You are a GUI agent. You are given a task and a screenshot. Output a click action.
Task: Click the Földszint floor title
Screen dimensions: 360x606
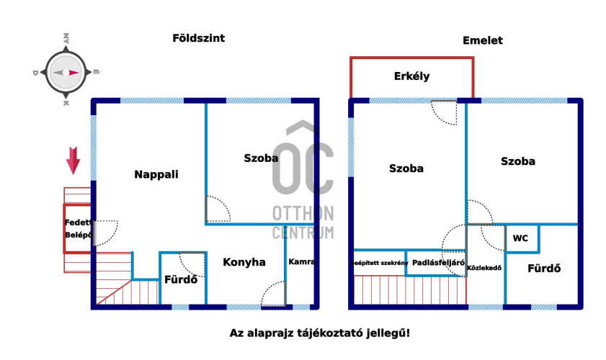click(x=198, y=38)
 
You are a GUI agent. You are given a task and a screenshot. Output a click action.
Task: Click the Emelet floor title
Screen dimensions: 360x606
click(x=482, y=40)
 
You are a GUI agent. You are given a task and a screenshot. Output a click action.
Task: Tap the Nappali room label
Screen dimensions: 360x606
click(x=156, y=174)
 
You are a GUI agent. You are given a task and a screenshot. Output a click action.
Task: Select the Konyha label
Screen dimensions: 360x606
click(x=244, y=262)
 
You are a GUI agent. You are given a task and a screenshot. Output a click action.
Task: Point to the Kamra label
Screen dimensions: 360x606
click(x=302, y=261)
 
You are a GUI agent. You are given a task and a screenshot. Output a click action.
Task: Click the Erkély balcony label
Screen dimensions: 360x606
click(x=411, y=76)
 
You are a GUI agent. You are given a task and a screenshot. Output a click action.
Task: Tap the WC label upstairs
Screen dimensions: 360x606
click(x=521, y=238)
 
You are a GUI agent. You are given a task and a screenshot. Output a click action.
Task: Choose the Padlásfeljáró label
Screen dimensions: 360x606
click(x=438, y=263)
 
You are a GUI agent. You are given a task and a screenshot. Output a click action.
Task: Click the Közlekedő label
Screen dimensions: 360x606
click(x=484, y=268)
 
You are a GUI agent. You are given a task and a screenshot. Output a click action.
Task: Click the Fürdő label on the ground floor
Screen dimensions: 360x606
click(x=181, y=279)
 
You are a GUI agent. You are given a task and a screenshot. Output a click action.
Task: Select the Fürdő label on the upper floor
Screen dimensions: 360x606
click(x=543, y=269)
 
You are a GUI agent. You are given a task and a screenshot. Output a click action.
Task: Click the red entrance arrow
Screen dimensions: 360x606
click(x=73, y=160)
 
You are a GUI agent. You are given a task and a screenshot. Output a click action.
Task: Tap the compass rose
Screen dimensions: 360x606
click(x=66, y=72)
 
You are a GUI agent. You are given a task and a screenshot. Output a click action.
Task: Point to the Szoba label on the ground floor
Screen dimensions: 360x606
click(x=261, y=158)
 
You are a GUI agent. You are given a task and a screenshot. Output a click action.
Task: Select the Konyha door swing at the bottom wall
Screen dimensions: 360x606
click(x=274, y=294)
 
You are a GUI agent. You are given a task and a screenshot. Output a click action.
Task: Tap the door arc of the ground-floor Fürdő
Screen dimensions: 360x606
click(x=192, y=264)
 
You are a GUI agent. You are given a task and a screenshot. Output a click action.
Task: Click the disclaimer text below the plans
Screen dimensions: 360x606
click(x=319, y=333)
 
